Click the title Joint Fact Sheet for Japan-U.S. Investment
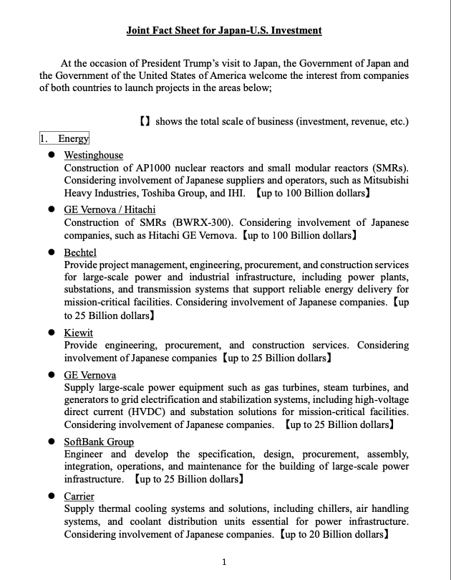(x=224, y=31)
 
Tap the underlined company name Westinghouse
(x=93, y=155)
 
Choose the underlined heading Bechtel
(x=80, y=252)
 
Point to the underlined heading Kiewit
(x=78, y=333)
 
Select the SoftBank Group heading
(x=99, y=442)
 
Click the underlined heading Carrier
(x=79, y=496)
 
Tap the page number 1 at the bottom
(x=224, y=562)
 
